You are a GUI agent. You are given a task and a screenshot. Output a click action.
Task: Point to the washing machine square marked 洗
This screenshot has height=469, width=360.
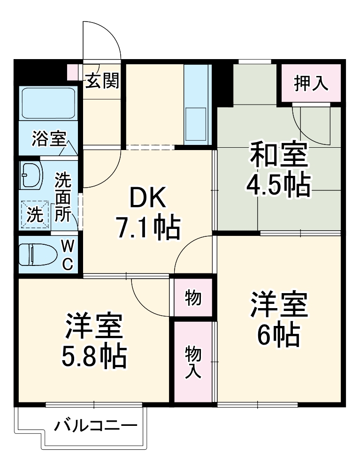(x=34, y=215)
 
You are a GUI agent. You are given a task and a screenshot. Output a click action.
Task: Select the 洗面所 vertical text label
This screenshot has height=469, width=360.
(x=63, y=197)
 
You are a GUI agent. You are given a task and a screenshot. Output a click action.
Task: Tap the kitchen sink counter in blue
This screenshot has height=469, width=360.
(x=196, y=103)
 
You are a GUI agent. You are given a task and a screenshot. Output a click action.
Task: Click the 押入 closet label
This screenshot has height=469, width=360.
(x=310, y=83)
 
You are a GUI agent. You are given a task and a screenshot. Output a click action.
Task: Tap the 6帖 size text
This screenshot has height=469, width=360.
(x=278, y=333)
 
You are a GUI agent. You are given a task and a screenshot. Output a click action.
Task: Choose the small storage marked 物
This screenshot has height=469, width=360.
(x=193, y=298)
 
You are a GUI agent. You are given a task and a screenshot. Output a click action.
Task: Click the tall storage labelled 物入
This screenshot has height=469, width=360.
(x=193, y=361)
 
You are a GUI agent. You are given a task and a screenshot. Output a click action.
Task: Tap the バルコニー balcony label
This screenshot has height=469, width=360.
(x=95, y=427)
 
